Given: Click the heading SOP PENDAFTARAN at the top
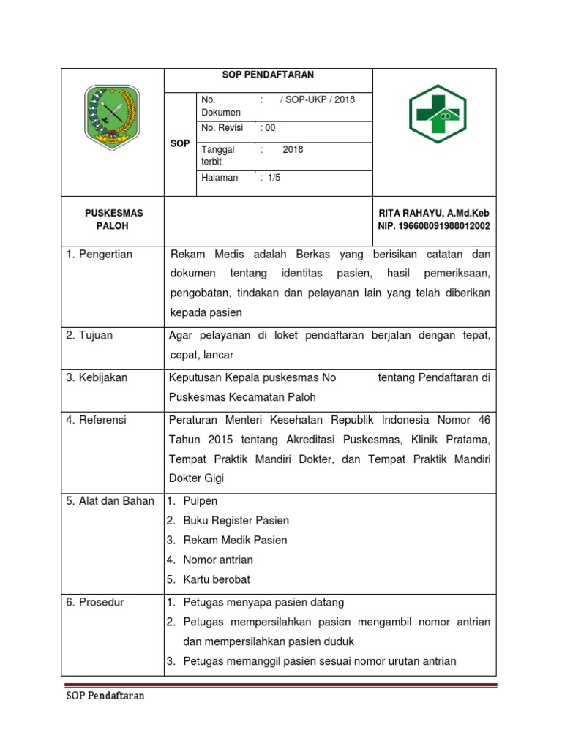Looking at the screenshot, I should (x=268, y=75).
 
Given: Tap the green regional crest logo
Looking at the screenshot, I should (x=113, y=114).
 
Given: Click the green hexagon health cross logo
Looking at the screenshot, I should (x=438, y=113).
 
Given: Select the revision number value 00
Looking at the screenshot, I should (x=268, y=127).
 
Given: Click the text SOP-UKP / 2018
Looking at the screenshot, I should (x=317, y=99).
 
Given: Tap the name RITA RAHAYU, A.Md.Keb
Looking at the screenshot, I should (x=434, y=213).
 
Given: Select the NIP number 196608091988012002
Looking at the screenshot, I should (x=434, y=226).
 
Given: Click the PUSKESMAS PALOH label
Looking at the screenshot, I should (x=113, y=219).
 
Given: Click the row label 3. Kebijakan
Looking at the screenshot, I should (x=97, y=377).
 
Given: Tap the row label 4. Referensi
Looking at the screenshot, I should (x=96, y=420).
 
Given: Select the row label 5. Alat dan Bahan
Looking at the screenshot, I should (x=110, y=500).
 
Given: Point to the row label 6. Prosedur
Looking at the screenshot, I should (x=95, y=602).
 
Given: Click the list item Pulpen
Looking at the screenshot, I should (x=200, y=501).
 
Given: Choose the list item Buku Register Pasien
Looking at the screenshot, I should (x=236, y=521).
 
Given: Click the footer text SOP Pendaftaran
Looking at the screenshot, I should (x=102, y=696).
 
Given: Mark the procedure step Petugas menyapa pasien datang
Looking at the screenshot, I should (x=263, y=602).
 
